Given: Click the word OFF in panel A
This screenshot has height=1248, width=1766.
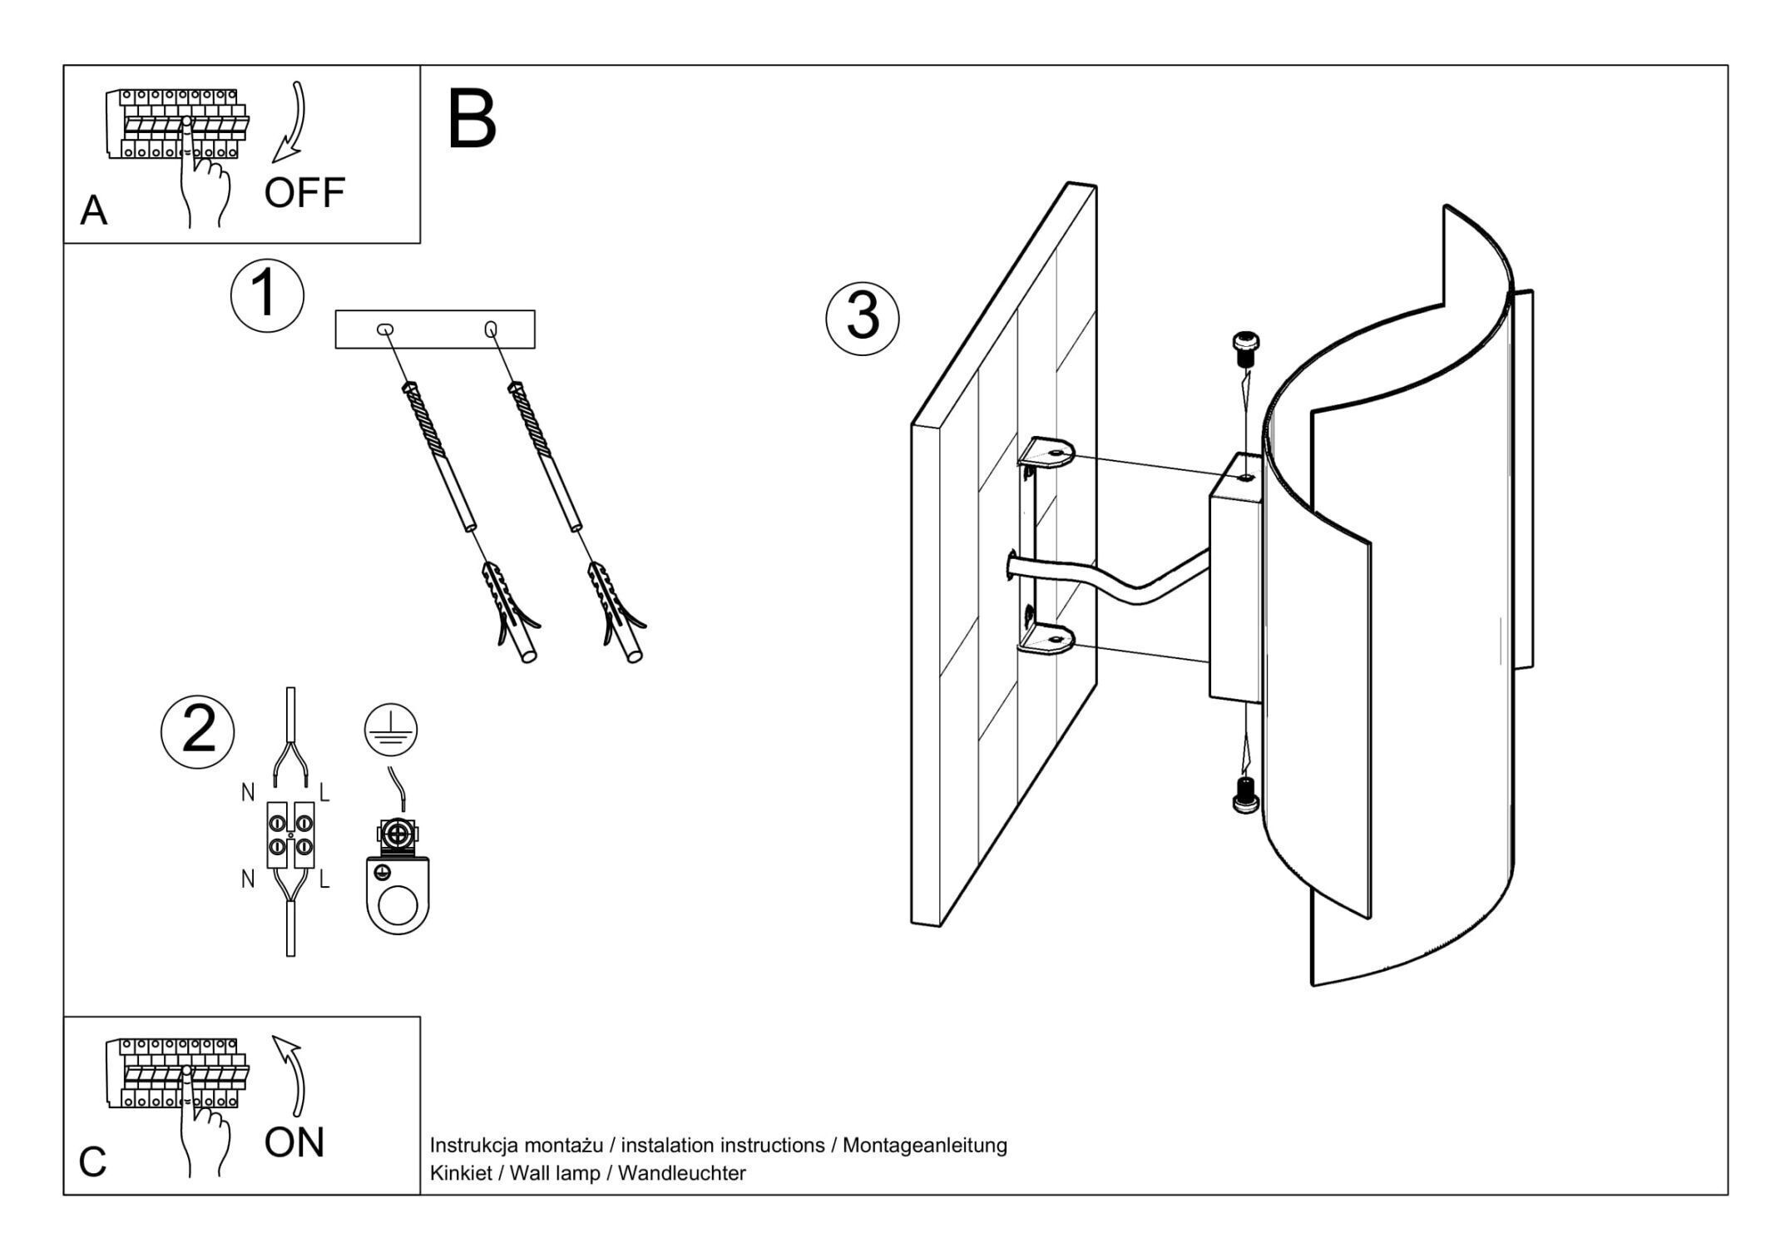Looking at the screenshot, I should pos(304,193).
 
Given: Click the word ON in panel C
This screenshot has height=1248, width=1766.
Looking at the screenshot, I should pos(294,1143).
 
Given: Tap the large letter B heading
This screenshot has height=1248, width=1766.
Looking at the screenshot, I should pos(472,121).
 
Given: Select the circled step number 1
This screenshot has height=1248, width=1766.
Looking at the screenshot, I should pos(267,295).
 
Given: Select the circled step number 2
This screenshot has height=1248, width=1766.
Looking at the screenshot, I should pos(198,730).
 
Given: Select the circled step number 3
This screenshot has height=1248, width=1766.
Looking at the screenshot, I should pos(862,319).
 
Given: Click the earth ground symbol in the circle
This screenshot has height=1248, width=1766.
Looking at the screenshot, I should pos(390,730).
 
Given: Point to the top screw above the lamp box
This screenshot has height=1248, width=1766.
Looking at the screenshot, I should pos(1244,348).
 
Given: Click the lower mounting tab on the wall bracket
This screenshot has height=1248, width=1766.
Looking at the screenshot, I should pos(1049,640).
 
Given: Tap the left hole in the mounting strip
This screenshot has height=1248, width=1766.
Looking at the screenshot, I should pos(385,330).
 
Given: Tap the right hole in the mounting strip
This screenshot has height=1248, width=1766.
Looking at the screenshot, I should pos(491,329).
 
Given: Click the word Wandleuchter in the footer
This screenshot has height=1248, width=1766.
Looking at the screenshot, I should pos(681,1173).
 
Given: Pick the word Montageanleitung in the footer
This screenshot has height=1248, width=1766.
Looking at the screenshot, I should pos(924,1146).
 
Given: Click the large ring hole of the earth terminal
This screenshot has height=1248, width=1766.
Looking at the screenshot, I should pos(398,906).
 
